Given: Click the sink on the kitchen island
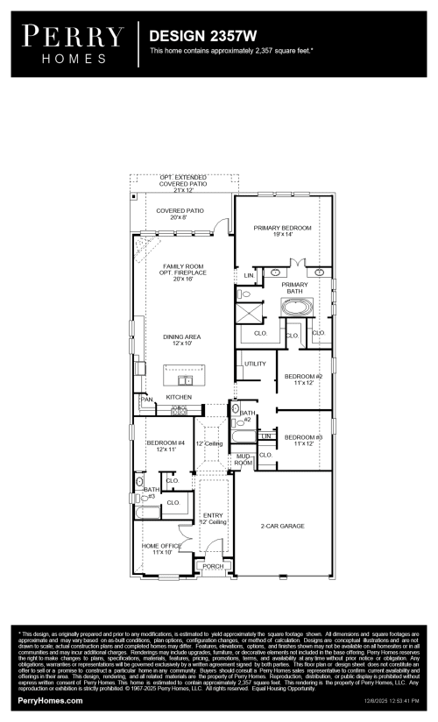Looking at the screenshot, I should tap(186, 380).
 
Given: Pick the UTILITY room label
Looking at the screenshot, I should tap(255, 363).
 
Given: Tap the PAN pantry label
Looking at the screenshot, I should tap(146, 400).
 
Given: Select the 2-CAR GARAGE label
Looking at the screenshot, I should tap(282, 526).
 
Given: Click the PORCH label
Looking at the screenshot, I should tap(213, 565).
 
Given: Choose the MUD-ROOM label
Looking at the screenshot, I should tap(243, 459).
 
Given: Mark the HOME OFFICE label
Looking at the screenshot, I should tap(160, 549).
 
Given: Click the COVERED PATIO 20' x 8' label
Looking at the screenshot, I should tap(180, 215).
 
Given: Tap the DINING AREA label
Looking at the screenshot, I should tap(181, 339).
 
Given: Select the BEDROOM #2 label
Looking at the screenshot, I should tap(303, 379).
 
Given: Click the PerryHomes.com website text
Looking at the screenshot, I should tap(51, 701).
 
